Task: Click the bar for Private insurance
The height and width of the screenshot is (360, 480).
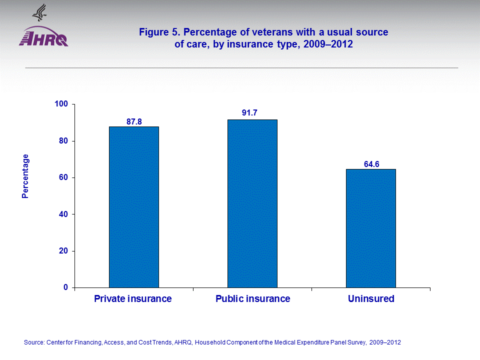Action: pyautogui.click(x=134, y=207)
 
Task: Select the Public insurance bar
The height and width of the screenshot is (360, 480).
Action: pyautogui.click(x=252, y=203)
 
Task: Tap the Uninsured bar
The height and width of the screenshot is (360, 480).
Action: pyautogui.click(x=371, y=228)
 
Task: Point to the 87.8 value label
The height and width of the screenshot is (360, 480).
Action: pyautogui.click(x=134, y=121)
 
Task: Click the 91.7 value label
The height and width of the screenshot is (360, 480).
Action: pyautogui.click(x=249, y=113)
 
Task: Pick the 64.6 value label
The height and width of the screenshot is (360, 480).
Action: pyautogui.click(x=372, y=163)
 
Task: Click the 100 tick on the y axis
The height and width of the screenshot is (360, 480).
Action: pyautogui.click(x=61, y=104)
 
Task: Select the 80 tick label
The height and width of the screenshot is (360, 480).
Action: pyautogui.click(x=63, y=141)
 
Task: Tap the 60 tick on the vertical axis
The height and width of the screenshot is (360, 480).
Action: pyautogui.click(x=63, y=177)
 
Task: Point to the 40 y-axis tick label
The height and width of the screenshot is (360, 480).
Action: pyautogui.click(x=63, y=214)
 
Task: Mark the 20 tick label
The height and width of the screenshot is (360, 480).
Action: pyautogui.click(x=63, y=251)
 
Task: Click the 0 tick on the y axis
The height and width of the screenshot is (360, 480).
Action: pyautogui.click(x=65, y=287)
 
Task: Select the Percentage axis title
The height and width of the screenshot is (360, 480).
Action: pyautogui.click(x=25, y=176)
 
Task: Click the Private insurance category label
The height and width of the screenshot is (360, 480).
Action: pyautogui.click(x=133, y=299)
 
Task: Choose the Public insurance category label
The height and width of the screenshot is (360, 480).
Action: pyautogui.click(x=252, y=299)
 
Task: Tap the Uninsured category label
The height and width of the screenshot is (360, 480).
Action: pyautogui.click(x=371, y=299)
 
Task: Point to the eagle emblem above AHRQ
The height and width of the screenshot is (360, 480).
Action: pyautogui.click(x=38, y=12)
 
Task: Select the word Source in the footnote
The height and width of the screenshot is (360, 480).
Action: pyautogui.click(x=33, y=342)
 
